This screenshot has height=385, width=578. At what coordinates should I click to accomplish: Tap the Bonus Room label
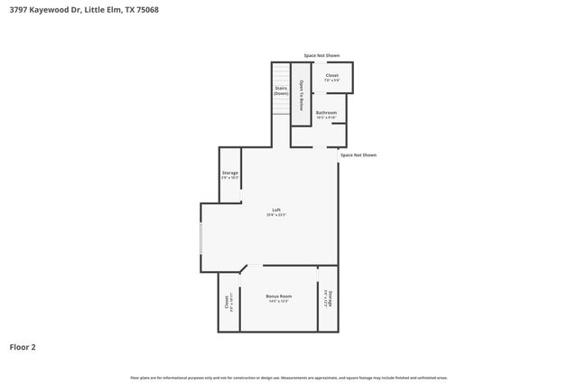(279, 296)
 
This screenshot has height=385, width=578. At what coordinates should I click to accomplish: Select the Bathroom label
(326, 112)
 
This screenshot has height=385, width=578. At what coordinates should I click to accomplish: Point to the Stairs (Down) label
(282, 90)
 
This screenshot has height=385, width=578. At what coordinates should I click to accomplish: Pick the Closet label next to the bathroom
(331, 75)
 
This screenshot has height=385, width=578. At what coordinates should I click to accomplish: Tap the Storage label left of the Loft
(230, 172)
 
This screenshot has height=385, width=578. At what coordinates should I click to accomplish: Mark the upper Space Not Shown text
(322, 55)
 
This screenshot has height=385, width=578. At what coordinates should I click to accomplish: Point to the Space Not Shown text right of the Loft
(358, 155)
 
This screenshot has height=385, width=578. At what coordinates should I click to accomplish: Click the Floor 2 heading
(23, 346)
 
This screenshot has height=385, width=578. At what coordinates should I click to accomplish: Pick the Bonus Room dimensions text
(279, 301)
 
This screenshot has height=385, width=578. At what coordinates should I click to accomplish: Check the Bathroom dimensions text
(326, 117)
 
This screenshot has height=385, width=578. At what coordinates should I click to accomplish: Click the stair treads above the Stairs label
(282, 72)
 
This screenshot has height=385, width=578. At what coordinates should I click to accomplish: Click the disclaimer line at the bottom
(289, 377)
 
